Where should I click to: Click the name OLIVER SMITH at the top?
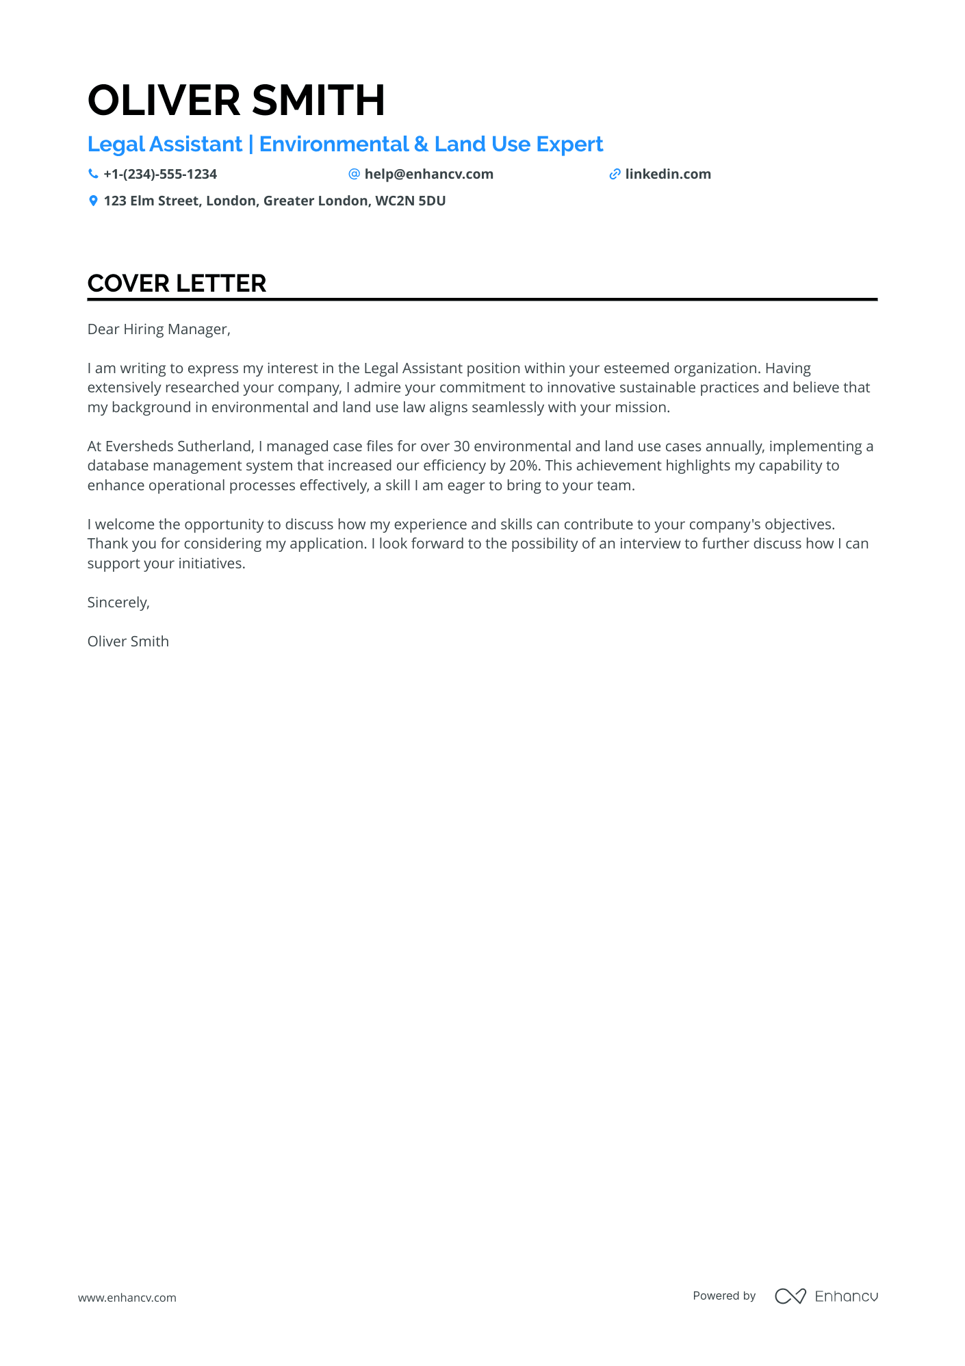(236, 100)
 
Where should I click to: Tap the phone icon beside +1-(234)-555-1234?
(93, 174)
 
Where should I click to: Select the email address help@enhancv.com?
(428, 174)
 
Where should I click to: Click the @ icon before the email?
(354, 174)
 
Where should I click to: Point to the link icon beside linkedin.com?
(615, 174)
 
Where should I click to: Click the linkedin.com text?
(668, 174)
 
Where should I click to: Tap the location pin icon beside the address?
(93, 201)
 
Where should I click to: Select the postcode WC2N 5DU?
(411, 201)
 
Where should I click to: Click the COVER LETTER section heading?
(177, 283)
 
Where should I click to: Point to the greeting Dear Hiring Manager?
(159, 329)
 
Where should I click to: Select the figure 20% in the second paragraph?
(524, 466)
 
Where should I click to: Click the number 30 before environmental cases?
(461, 446)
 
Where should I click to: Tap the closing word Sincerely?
(118, 603)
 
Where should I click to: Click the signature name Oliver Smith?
(128, 642)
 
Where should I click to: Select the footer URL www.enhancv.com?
(127, 1298)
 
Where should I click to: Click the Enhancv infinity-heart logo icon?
(790, 1296)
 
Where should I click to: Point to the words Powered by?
(724, 1295)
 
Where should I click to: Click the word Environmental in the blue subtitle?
(334, 144)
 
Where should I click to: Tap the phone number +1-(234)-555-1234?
(160, 174)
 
